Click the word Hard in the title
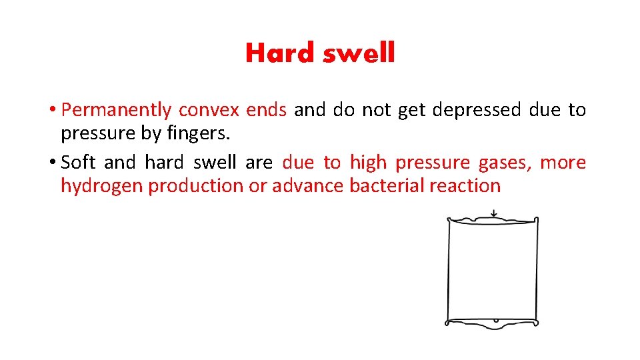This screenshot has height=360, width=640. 279,53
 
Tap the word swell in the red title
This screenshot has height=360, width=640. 359,53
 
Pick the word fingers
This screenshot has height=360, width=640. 199,134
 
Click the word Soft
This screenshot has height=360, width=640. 79,163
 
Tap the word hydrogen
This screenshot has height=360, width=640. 102,186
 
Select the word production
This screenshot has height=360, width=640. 196,186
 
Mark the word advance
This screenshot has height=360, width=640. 307,186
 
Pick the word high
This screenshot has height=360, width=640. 368,163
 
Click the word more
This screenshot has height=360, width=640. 563,163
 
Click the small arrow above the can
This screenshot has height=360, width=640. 493,214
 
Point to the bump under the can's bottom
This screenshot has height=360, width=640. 494,322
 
